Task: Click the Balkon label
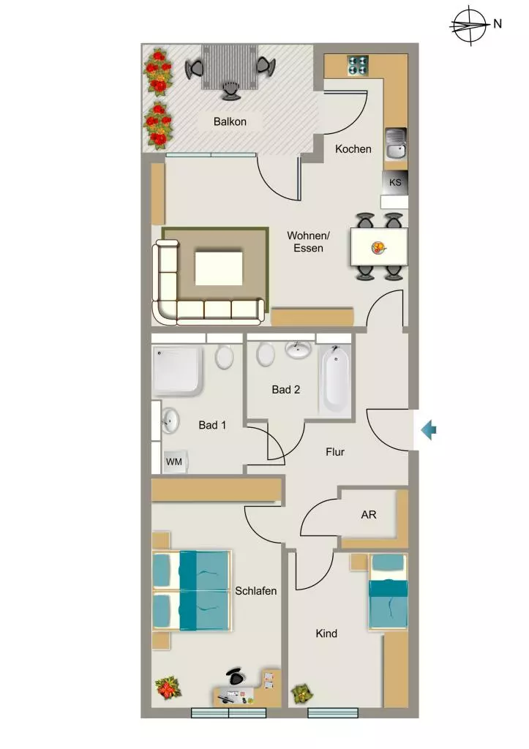pos(230,122)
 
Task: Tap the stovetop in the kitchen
pos(358,65)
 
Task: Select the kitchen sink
pos(396,144)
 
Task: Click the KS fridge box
pos(394,183)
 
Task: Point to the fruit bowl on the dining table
pos(378,247)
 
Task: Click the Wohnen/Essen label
pos(308,241)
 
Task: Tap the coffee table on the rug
pos(218,268)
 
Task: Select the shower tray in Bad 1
pos(177,370)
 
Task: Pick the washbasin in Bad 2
pos(299,350)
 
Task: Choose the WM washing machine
pos(174,462)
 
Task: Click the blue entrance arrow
pos(429,430)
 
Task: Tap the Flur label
pos(335,452)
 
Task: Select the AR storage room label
pos(369,515)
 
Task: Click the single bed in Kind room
pos(388,591)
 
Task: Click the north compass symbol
pos(470,25)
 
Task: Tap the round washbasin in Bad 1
pos(169,421)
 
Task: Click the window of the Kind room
pos(333,712)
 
